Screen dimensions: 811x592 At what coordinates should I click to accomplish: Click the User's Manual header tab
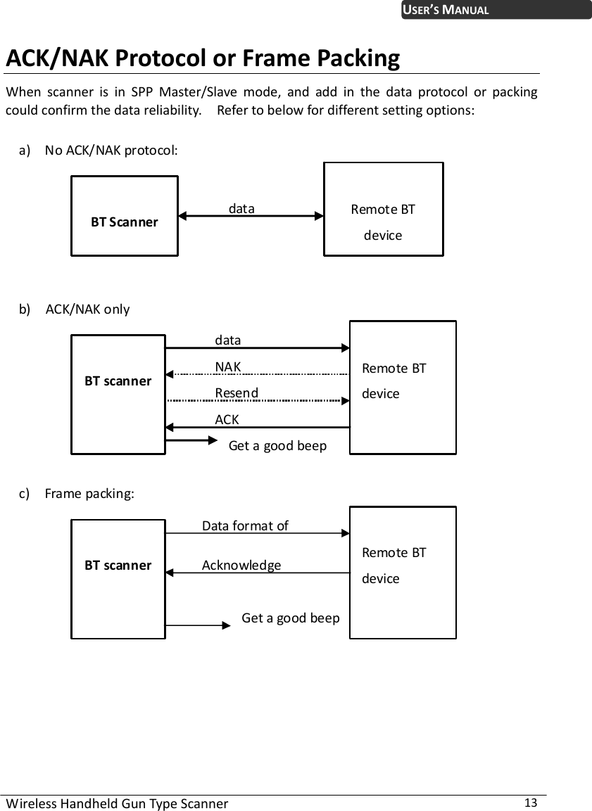click(x=496, y=10)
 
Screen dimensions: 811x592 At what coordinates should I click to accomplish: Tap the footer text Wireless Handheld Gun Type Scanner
click(x=117, y=803)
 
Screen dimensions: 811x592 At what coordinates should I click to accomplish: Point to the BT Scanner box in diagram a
click(x=124, y=216)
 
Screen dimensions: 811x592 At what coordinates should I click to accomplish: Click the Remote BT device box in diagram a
click(x=383, y=210)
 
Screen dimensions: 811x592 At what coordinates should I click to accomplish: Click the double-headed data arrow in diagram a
click(x=251, y=217)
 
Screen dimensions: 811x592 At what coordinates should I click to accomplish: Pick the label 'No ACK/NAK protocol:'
click(x=111, y=150)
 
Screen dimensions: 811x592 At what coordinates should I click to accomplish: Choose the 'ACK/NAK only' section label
click(x=87, y=309)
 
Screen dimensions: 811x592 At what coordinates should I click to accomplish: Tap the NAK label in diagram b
click(x=228, y=366)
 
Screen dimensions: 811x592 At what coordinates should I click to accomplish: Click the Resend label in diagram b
click(x=237, y=392)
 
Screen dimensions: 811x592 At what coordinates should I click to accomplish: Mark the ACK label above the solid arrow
click(x=227, y=419)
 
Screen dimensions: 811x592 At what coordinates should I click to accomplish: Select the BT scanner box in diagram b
click(x=118, y=394)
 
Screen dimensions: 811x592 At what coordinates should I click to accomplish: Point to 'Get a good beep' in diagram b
click(x=277, y=445)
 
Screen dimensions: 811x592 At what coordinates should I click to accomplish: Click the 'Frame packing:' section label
click(x=89, y=493)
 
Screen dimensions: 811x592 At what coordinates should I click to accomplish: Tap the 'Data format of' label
click(x=245, y=525)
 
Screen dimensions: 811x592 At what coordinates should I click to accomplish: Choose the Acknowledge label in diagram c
click(x=241, y=565)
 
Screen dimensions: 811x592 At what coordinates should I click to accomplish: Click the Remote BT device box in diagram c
click(x=403, y=572)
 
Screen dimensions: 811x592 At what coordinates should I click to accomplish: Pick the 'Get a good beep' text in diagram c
click(x=290, y=618)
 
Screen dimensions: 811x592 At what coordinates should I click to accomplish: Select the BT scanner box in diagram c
click(x=118, y=579)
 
